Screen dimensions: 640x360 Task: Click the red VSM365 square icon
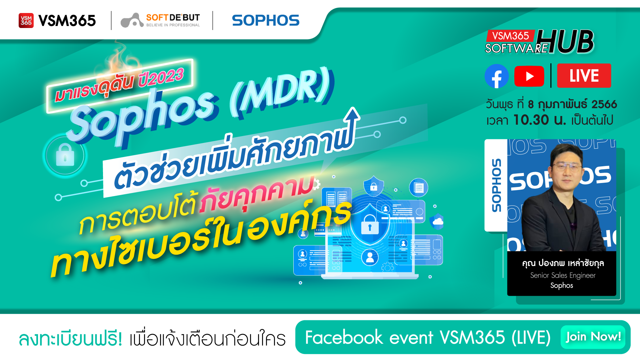point(26,21)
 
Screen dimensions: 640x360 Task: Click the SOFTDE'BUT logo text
point(173,17)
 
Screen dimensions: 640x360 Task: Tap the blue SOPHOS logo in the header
point(266,20)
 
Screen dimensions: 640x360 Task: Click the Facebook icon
point(497,76)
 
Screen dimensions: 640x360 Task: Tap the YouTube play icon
point(529,76)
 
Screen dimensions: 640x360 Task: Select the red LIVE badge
point(584,76)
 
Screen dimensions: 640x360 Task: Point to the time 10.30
point(531,120)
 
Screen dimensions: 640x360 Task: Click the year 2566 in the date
point(604,104)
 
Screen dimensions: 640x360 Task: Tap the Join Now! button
point(593,337)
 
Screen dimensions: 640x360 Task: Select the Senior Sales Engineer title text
point(563,275)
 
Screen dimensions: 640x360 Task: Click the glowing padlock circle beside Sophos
point(65,156)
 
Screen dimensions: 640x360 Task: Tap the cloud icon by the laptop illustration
point(437,222)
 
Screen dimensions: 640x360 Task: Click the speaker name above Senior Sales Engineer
point(563,263)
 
